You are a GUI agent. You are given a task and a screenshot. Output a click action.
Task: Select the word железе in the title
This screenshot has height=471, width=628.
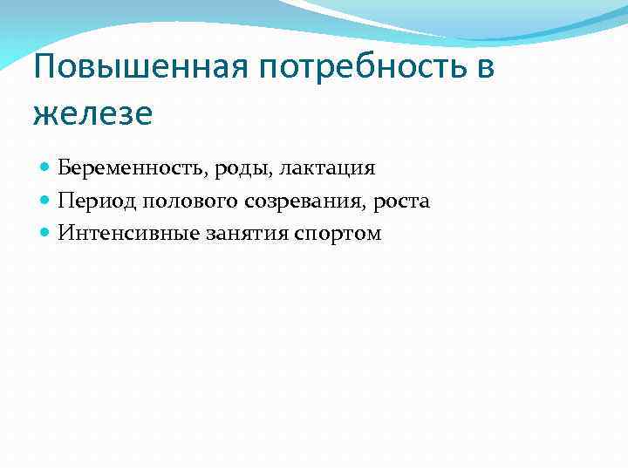click(92, 113)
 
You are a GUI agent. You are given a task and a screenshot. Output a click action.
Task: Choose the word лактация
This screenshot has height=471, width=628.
click(326, 168)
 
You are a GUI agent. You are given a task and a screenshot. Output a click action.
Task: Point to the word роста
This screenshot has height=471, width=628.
click(400, 202)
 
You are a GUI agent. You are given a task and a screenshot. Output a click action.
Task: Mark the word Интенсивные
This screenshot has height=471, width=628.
click(119, 234)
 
